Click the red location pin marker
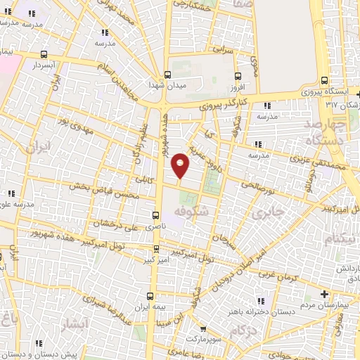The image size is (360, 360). click(x=181, y=165)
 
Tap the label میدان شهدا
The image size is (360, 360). click(x=167, y=85)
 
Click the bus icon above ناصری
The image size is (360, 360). click(x=155, y=215)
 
